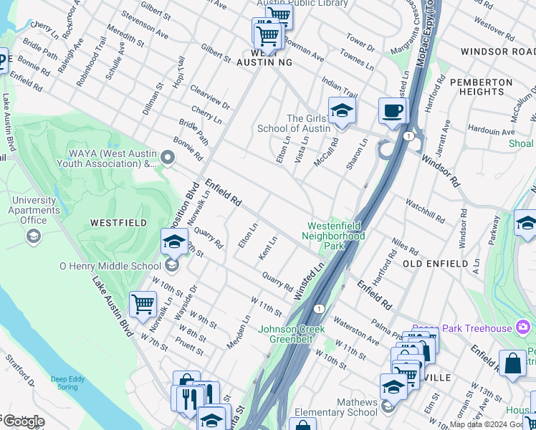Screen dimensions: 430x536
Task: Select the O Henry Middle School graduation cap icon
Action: (174, 244)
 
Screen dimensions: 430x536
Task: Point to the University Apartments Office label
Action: (33, 210)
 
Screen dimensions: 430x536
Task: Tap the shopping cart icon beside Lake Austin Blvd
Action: (143, 304)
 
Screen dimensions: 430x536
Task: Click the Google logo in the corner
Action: (23, 421)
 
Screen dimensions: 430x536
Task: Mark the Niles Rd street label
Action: (405, 247)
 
